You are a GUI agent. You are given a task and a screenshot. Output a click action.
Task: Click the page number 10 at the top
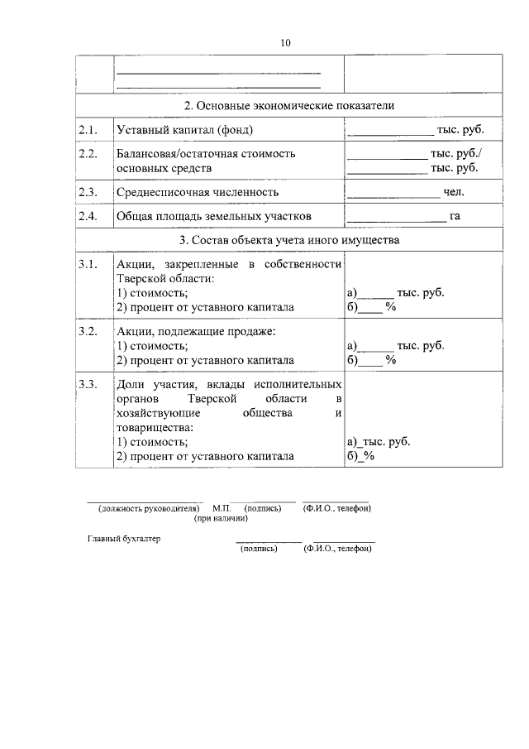click(x=285, y=42)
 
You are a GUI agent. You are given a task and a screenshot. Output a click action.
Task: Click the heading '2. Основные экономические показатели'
click(x=288, y=106)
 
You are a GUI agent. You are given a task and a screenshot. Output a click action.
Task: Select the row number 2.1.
click(x=88, y=130)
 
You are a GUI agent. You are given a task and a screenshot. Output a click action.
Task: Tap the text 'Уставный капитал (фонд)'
click(x=184, y=130)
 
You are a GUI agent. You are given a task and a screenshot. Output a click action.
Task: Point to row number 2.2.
click(x=88, y=154)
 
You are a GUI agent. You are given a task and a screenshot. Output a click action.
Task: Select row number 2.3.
click(x=88, y=192)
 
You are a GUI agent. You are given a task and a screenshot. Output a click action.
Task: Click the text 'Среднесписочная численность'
click(x=198, y=192)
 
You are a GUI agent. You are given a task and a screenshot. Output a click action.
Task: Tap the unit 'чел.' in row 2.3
click(x=454, y=192)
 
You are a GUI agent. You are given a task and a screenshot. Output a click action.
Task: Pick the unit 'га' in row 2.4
click(x=455, y=217)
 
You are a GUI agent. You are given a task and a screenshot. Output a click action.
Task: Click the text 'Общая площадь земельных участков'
click(x=214, y=217)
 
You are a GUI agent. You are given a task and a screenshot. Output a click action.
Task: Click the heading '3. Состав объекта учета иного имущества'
click(x=288, y=241)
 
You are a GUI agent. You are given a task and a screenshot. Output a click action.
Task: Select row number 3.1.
click(x=88, y=264)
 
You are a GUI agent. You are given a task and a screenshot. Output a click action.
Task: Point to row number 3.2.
click(x=88, y=331)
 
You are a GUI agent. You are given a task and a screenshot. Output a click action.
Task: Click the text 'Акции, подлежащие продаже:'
click(x=196, y=331)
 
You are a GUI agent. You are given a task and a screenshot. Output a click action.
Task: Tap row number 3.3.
click(x=88, y=385)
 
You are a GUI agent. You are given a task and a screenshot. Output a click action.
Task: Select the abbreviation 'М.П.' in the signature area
click(x=221, y=508)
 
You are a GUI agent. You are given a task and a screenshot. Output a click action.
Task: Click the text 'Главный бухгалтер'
click(x=125, y=539)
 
